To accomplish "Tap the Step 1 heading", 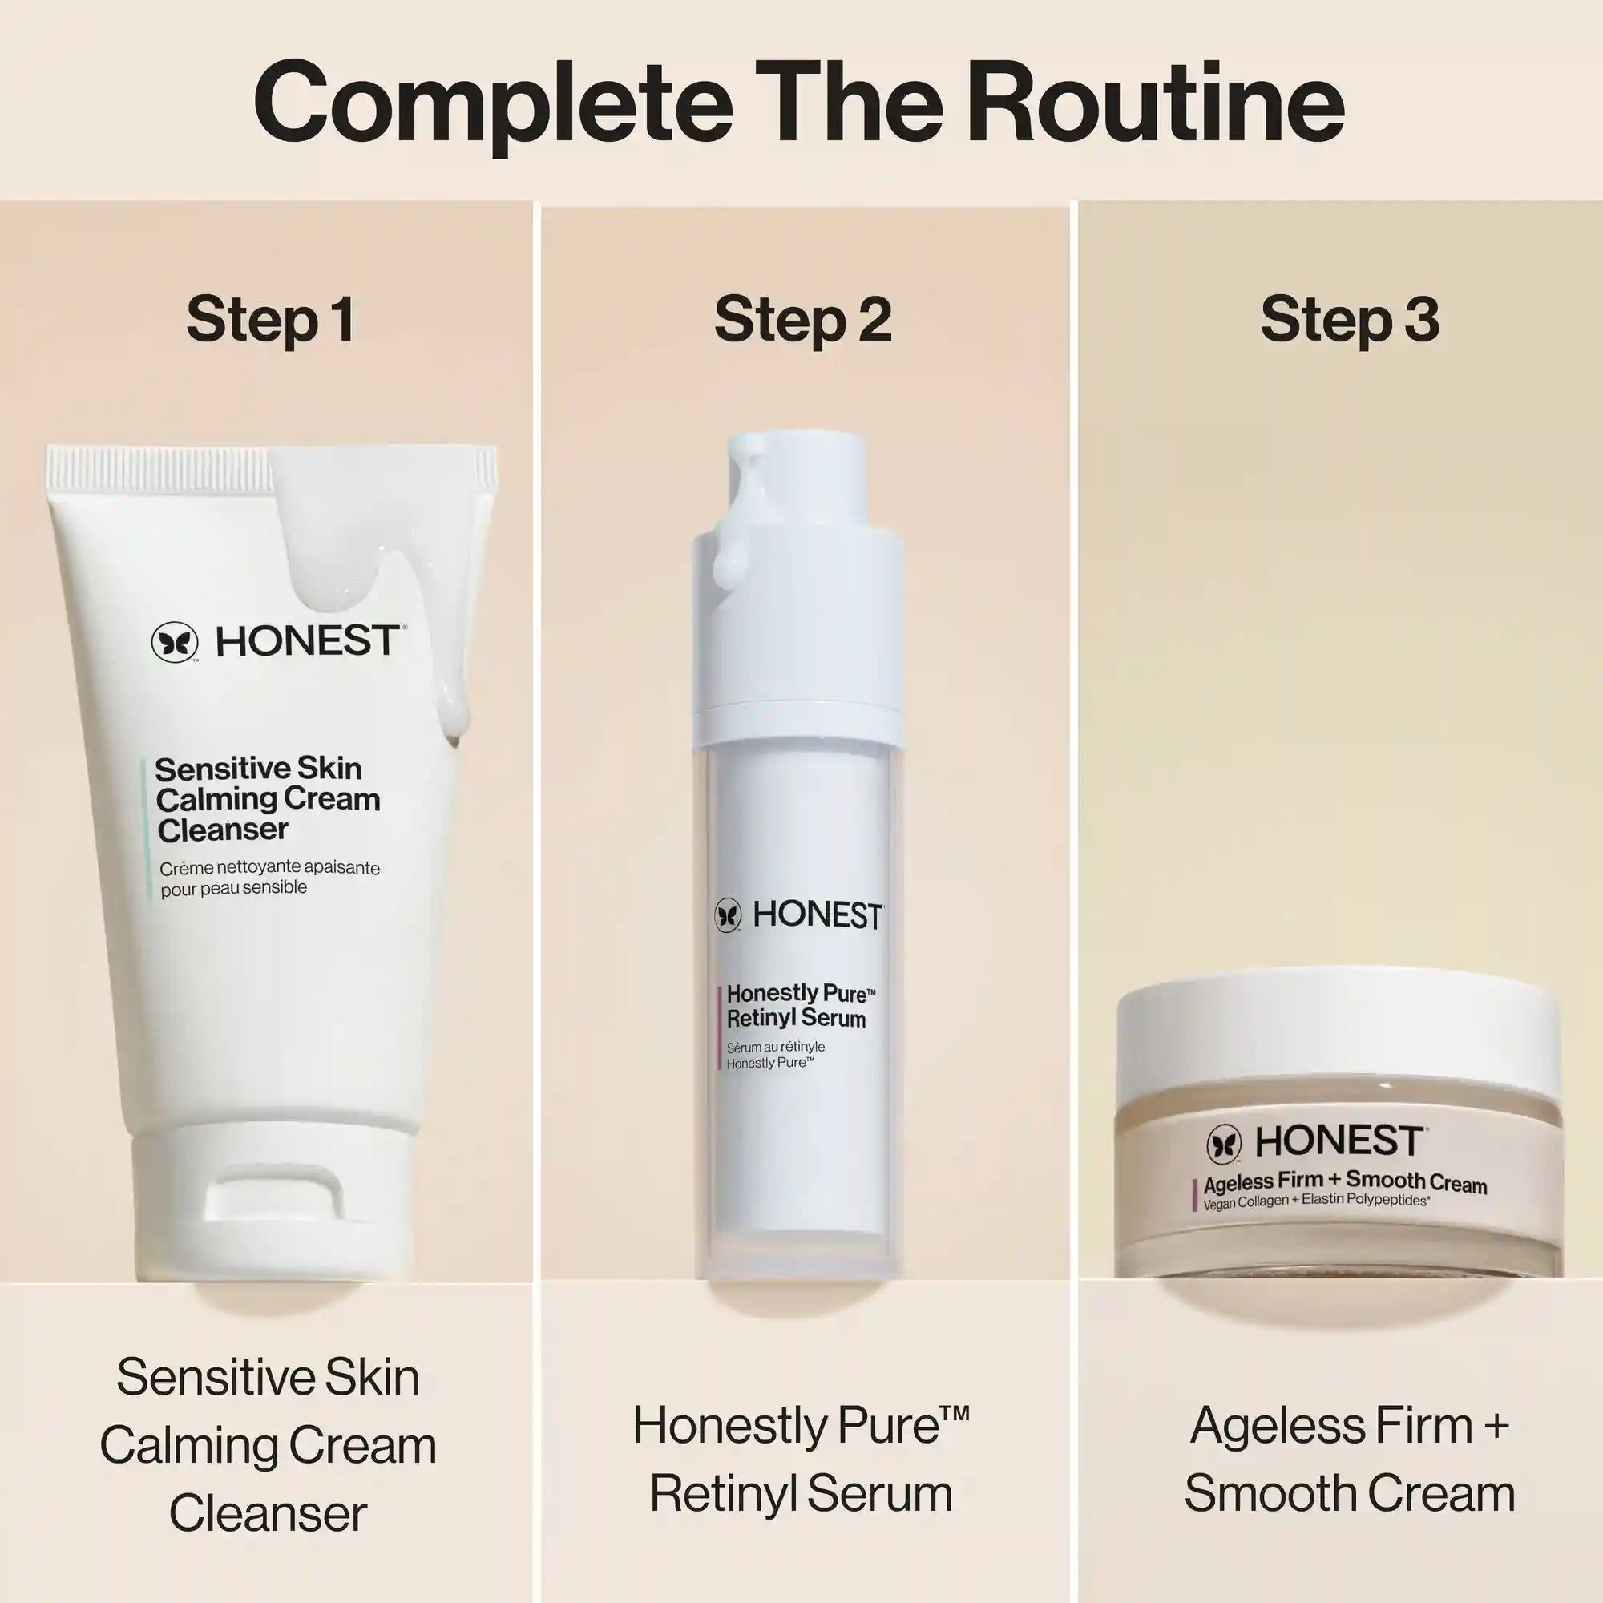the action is tap(272, 321).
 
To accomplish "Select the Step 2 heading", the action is tap(802, 321).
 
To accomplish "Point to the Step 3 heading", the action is tap(1350, 321).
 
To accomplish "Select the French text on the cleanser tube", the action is tap(269, 877).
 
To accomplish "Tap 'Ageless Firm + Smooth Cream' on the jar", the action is tap(1345, 1182).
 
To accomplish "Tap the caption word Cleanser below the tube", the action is tap(268, 1512).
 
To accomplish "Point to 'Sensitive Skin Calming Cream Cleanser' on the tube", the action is tap(267, 799).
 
